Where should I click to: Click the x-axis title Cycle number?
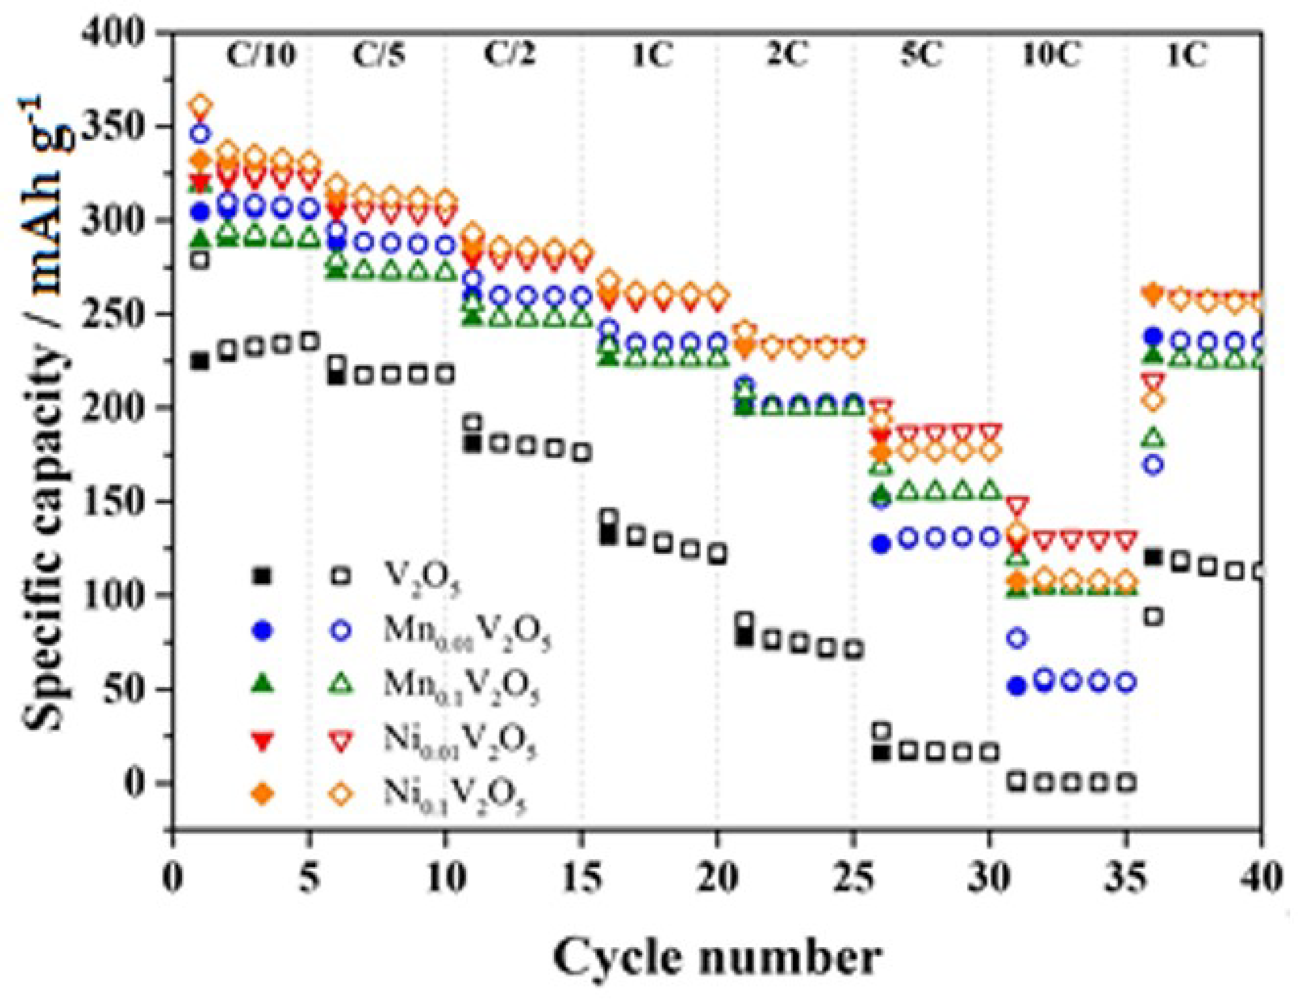[x=716, y=958]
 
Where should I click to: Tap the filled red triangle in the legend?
[x=262, y=741]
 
